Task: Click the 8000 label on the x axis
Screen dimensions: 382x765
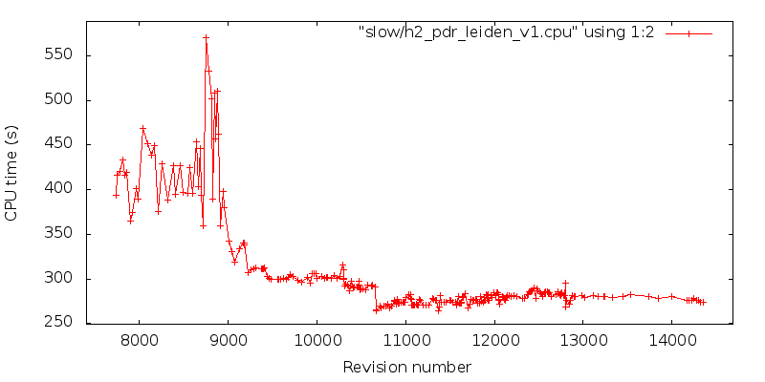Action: [x=140, y=340]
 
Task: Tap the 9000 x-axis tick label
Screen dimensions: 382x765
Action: [x=229, y=340]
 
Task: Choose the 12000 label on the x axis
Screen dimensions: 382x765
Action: [x=494, y=340]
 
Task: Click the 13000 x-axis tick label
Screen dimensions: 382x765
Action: [x=583, y=340]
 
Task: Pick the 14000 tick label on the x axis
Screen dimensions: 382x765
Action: [x=672, y=340]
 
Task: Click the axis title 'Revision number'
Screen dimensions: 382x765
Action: [x=406, y=367]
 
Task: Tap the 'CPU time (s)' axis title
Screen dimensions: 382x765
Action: [x=11, y=173]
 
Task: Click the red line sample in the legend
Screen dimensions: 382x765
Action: [x=688, y=32]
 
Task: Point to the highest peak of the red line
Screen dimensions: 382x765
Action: [x=206, y=38]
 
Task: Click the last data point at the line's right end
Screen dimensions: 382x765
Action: [x=703, y=302]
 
